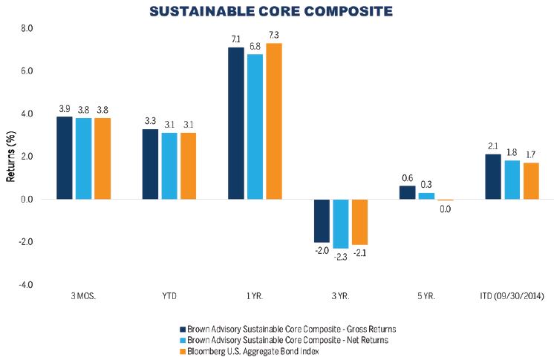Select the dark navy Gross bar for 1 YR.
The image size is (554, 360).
tap(236, 123)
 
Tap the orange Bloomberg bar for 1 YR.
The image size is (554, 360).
tap(274, 121)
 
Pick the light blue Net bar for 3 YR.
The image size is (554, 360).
tap(341, 223)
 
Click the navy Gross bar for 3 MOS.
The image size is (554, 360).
tap(65, 157)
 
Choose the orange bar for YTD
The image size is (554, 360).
tap(189, 166)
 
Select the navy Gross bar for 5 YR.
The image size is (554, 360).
tap(407, 192)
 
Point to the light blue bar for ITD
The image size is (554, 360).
tap(512, 180)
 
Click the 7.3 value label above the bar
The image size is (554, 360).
tap(274, 36)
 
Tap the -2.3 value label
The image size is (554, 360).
tap(341, 256)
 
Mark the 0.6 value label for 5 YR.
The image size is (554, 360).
tap(407, 178)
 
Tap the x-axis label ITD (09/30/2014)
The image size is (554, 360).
tap(512, 297)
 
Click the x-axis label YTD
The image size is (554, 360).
tap(170, 297)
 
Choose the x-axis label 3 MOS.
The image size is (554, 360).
tap(83, 297)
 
